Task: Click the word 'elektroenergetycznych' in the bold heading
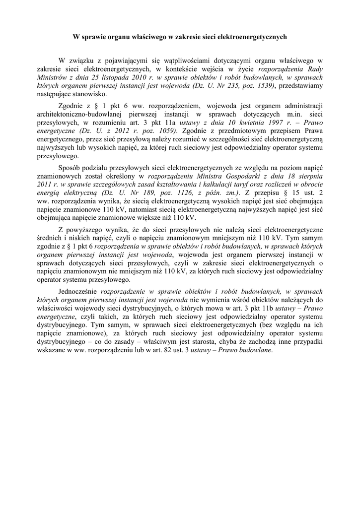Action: (x=252, y=37)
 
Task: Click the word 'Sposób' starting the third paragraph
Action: (x=71, y=168)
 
